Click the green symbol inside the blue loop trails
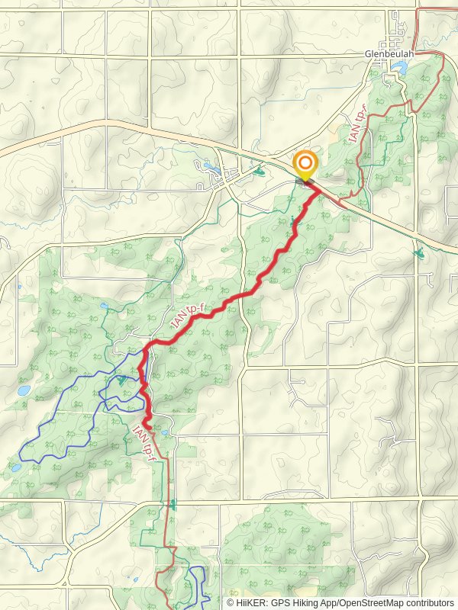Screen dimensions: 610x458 click(122, 380)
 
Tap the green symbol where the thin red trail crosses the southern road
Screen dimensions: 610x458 click(173, 504)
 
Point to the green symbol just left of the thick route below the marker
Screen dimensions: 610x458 click(294, 223)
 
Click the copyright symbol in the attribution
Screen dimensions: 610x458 click(231, 602)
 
